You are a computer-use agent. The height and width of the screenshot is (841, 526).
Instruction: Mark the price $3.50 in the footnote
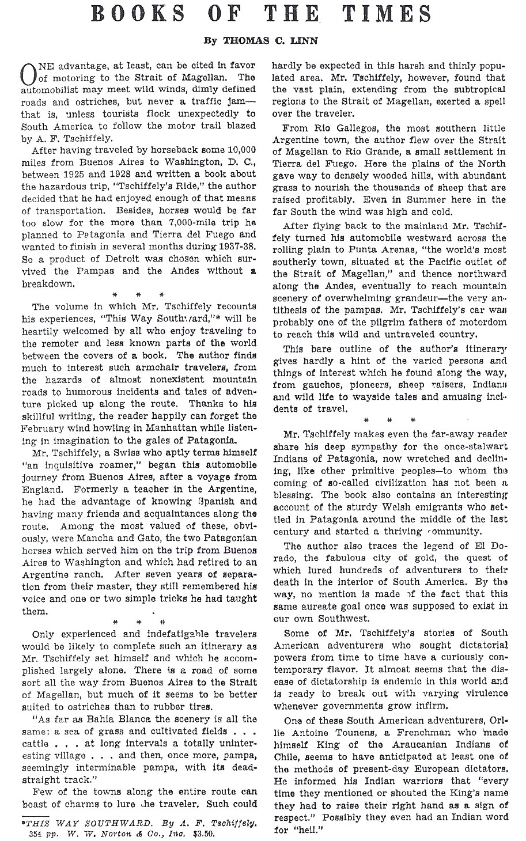[x=207, y=833]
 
